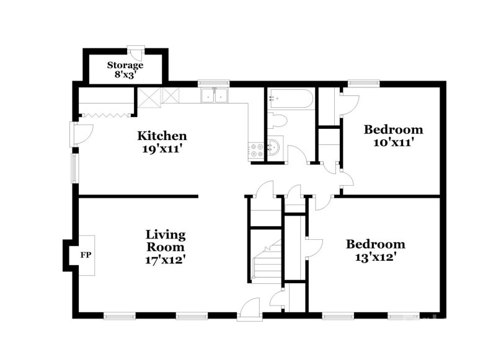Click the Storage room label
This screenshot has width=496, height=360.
click(x=125, y=64)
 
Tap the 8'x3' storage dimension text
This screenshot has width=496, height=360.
click(x=125, y=74)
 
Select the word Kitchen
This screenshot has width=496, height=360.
click(x=162, y=136)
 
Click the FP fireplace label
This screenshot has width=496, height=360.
click(x=86, y=255)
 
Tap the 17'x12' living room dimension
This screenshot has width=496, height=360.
click(x=166, y=260)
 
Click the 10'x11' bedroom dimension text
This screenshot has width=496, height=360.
click(x=393, y=141)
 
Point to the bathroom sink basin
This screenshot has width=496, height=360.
click(x=275, y=148)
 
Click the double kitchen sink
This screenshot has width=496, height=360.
click(x=214, y=95)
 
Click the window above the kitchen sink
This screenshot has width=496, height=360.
click(x=214, y=82)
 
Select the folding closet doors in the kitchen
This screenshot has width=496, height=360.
click(x=105, y=113)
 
